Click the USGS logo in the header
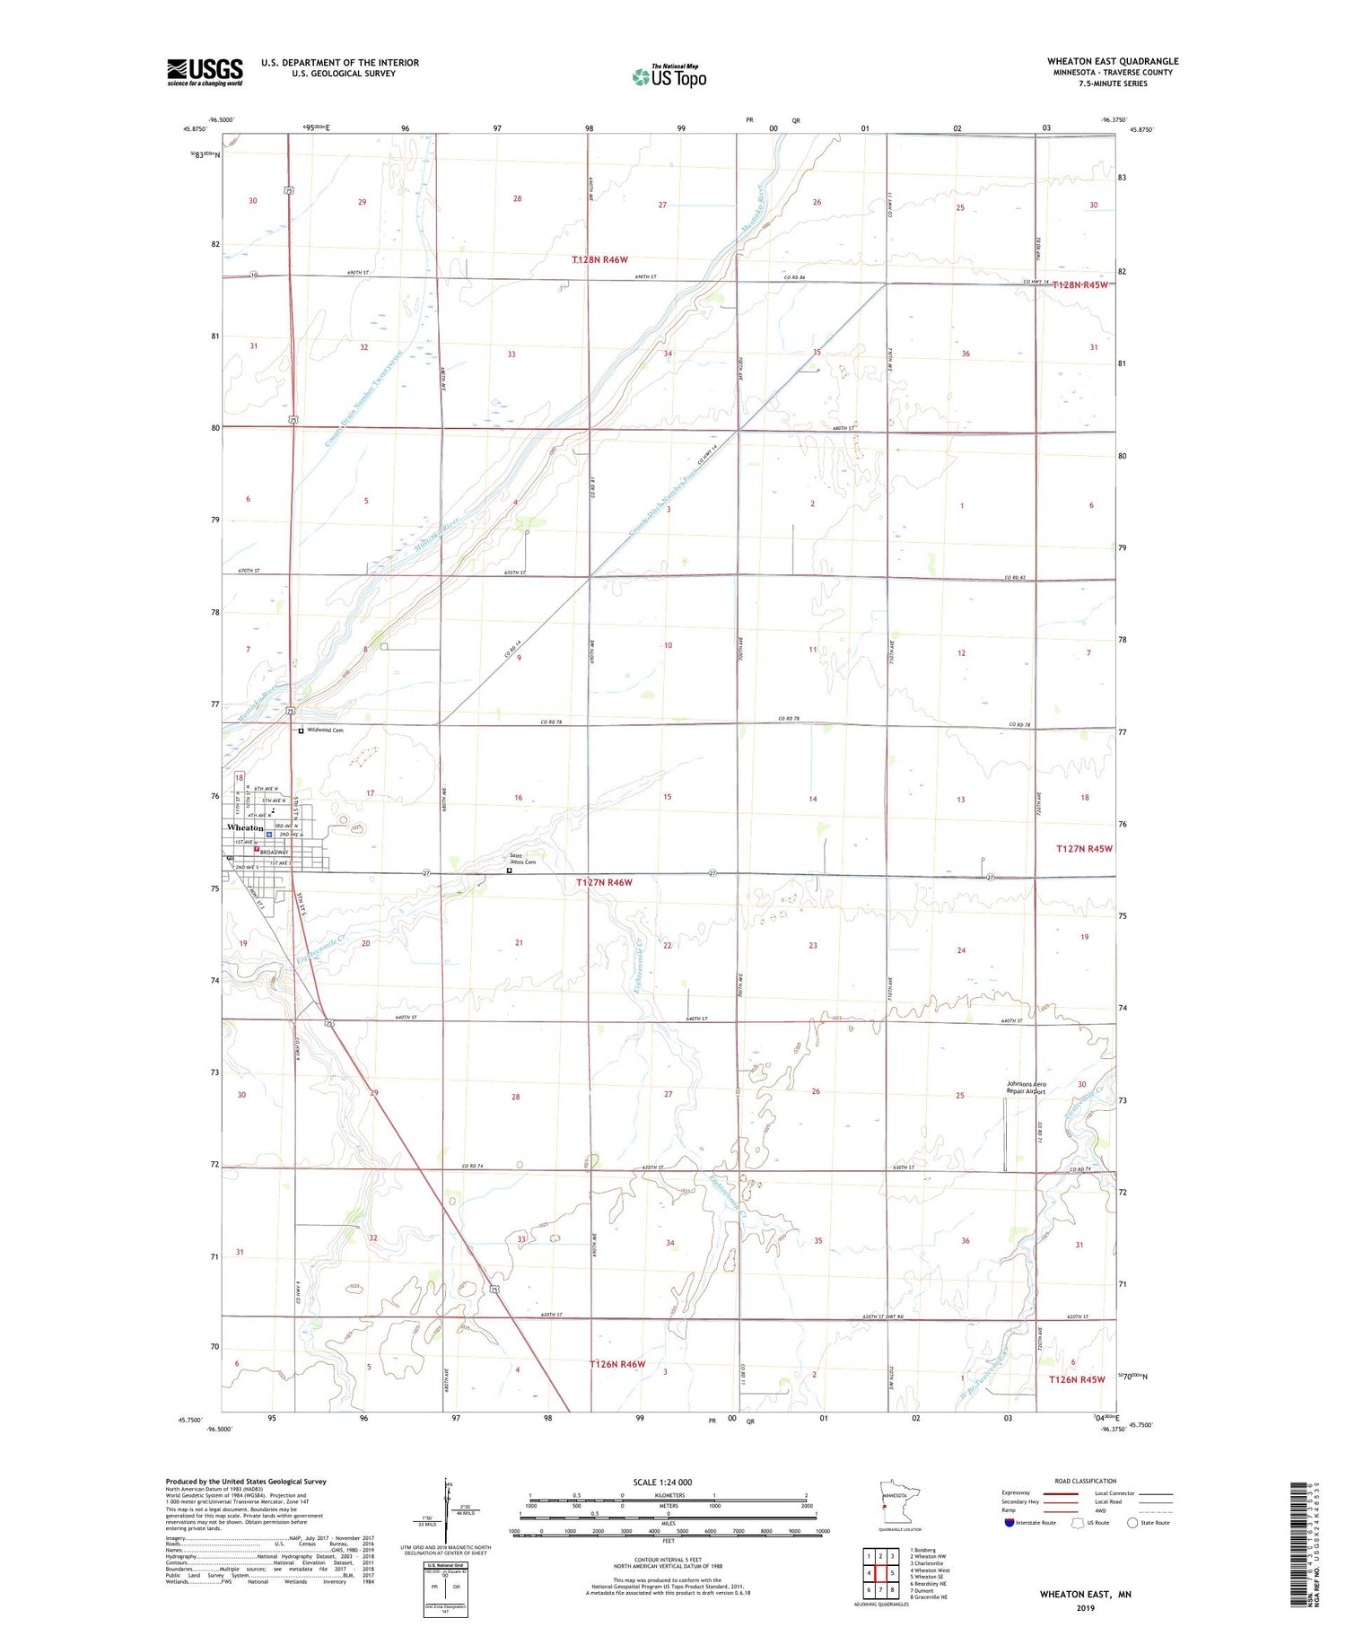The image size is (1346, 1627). tap(205, 72)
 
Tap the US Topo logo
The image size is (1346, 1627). tap(669, 76)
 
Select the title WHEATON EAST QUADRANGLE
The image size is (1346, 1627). tap(1113, 61)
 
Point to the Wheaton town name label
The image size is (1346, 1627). tap(245, 827)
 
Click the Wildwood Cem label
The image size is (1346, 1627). tap(326, 730)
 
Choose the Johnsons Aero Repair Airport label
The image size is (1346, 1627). tap(1027, 1088)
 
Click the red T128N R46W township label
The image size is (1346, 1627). tap(600, 259)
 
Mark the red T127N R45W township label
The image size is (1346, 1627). tap(1084, 849)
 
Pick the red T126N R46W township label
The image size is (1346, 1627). tap(617, 1364)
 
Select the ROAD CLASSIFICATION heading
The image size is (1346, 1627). tap(1086, 1481)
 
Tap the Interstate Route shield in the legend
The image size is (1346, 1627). tap(1009, 1523)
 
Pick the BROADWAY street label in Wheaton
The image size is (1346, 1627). tap(274, 853)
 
